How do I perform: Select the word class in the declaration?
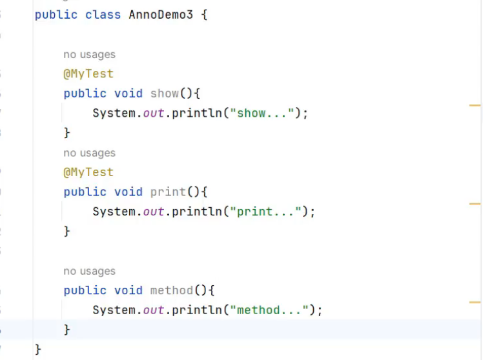[103, 14]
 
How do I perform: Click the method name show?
[164, 94]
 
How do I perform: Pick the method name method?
[171, 290]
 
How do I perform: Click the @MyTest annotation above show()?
[88, 74]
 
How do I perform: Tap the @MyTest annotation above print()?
[88, 172]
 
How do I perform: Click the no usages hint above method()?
[89, 271]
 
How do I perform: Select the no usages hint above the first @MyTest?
[89, 55]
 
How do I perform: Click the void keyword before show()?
[128, 94]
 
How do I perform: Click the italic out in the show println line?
[154, 114]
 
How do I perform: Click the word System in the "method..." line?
[114, 310]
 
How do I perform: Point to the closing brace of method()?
[67, 330]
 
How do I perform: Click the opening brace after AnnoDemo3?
[204, 14]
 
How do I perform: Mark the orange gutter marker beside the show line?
[475, 105]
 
